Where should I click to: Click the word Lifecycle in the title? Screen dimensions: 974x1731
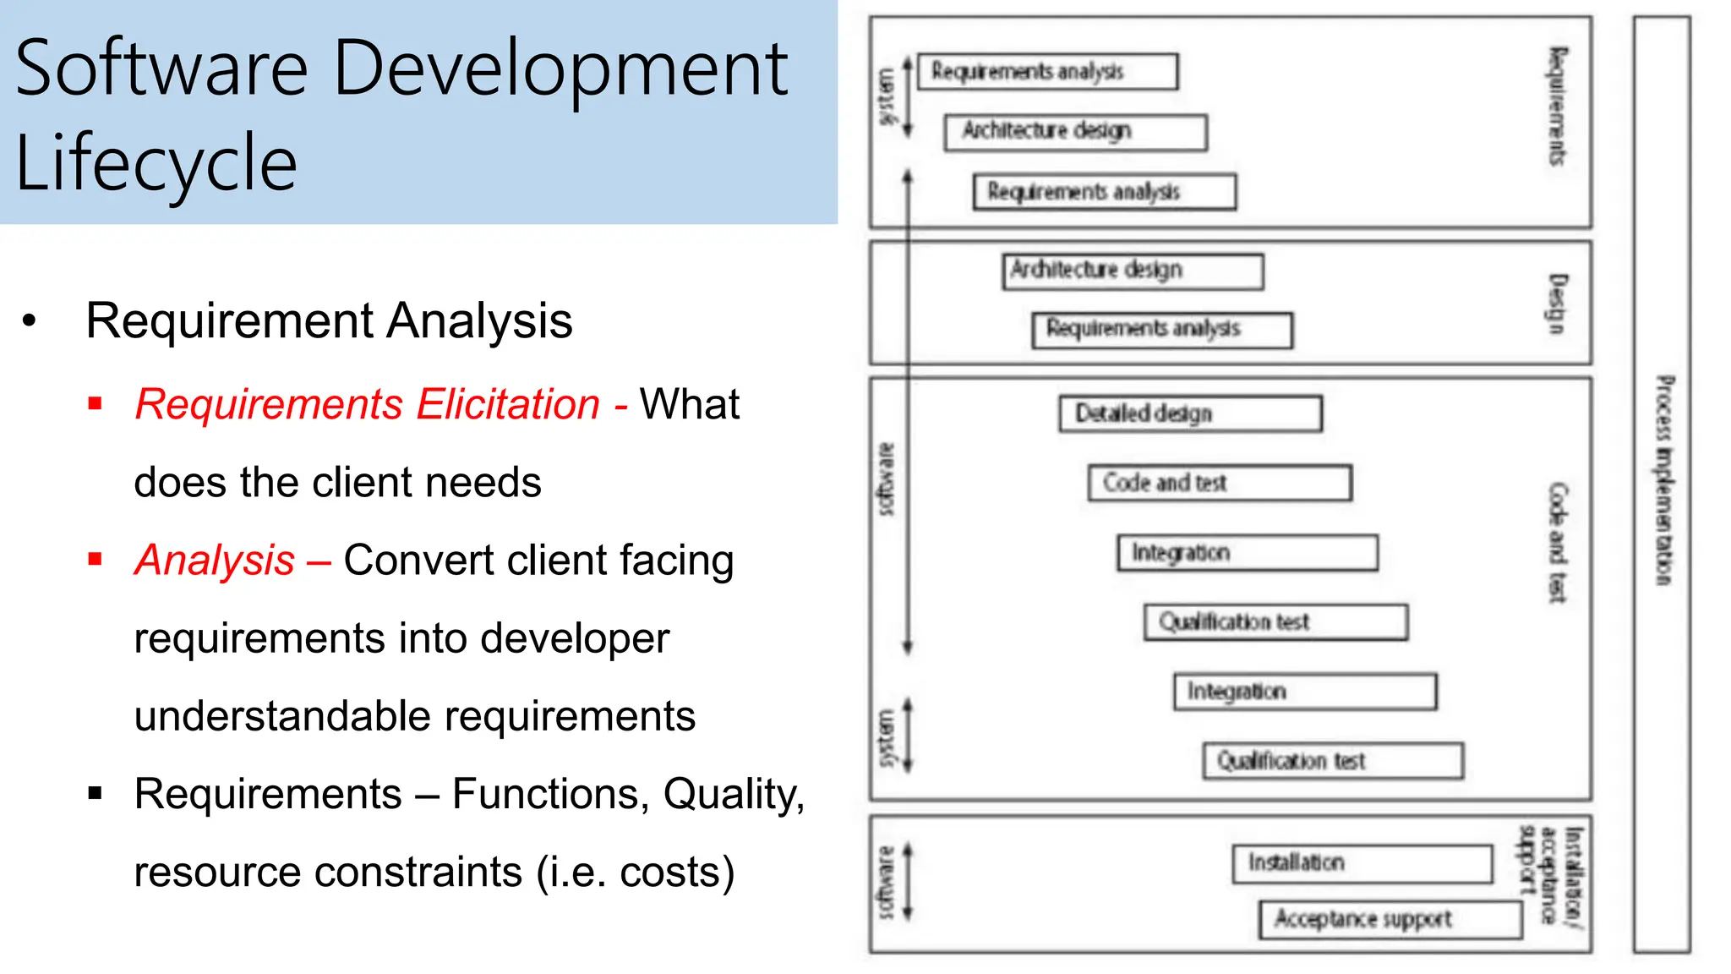[156, 162]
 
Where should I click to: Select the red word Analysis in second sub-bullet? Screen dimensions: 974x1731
[215, 561]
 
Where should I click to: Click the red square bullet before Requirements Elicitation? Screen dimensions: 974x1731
[95, 403]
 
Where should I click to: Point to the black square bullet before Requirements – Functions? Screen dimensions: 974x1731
[95, 793]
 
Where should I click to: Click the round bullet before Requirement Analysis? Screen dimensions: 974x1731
[30, 321]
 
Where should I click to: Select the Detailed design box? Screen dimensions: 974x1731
[1190, 413]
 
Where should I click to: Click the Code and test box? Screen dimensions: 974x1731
[1219, 483]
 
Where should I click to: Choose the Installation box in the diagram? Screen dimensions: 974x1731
[1362, 863]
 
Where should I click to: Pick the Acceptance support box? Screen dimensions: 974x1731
[1390, 919]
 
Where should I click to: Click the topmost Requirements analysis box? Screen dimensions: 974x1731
[1047, 72]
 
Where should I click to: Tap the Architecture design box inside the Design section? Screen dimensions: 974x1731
[1133, 271]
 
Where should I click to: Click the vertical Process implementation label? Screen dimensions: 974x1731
[1663, 480]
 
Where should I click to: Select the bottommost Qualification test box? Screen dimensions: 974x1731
[1333, 761]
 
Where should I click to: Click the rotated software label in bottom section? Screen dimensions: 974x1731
[886, 882]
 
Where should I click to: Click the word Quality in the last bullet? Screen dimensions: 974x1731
[732, 794]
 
